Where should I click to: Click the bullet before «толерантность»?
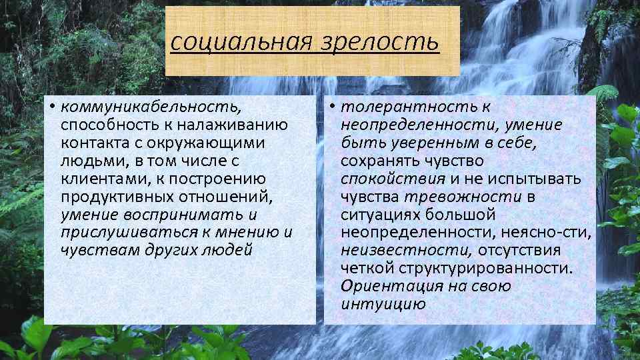333,107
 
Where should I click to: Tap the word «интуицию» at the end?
382,305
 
